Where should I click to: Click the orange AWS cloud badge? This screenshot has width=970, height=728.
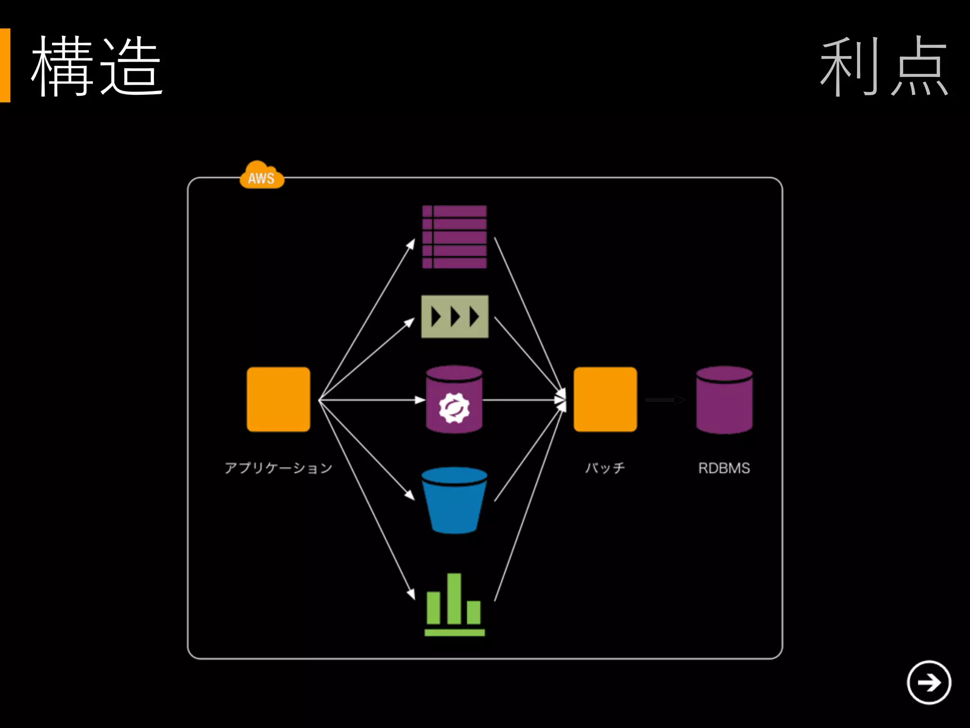point(261,175)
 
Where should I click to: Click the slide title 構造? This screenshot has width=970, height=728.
point(97,66)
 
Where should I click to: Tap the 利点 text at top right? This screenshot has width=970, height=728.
point(884,66)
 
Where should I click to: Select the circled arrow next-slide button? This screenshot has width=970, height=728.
point(929,682)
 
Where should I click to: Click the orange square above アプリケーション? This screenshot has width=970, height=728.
point(278,399)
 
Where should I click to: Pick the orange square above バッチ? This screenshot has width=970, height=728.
point(605,399)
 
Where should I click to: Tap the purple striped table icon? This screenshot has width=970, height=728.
point(455,237)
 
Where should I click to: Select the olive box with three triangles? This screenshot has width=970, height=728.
point(455,317)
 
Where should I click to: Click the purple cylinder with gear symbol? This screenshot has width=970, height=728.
point(454,399)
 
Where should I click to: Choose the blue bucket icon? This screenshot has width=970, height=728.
point(454,500)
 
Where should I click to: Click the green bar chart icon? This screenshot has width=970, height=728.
point(454,605)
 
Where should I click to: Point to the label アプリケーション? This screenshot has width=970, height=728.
point(278,468)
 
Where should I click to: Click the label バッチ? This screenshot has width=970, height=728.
point(605,468)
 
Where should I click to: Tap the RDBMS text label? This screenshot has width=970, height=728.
point(724,468)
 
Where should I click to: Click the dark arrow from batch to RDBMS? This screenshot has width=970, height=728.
point(664,400)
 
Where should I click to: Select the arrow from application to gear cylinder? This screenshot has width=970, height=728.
point(372,400)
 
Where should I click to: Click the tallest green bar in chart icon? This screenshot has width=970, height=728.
point(454,598)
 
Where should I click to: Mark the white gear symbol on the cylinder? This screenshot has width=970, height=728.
point(454,408)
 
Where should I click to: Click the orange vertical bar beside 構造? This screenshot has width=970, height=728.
point(5,65)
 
